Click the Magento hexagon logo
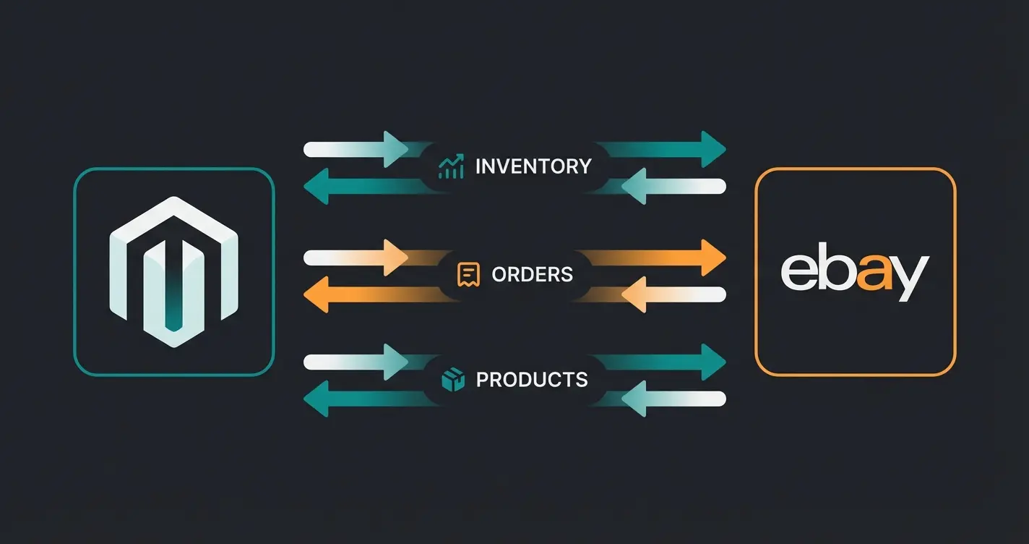(x=173, y=272)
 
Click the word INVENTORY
(x=533, y=167)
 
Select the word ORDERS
(x=532, y=275)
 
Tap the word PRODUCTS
(x=532, y=380)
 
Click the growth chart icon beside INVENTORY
(x=452, y=167)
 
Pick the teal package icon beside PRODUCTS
(x=452, y=380)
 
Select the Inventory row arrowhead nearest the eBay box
(x=711, y=150)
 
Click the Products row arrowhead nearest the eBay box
(x=711, y=362)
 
